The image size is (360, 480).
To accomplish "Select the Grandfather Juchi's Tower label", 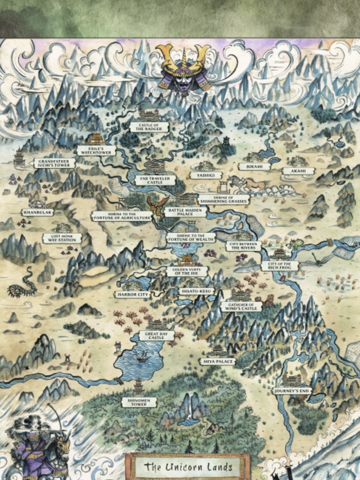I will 54,163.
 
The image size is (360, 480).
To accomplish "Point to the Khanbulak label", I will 37,212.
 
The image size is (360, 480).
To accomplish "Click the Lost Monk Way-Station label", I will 62,238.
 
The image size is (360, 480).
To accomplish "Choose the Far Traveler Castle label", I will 155,180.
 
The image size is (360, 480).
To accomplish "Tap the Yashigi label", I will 206,175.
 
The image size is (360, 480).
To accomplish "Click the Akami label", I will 298,171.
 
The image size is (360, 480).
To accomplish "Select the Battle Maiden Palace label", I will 185,211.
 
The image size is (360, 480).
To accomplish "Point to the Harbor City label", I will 133,294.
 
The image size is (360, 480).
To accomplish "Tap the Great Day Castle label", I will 157,335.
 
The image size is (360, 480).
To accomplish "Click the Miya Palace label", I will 217,361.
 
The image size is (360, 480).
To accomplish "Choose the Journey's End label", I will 292,390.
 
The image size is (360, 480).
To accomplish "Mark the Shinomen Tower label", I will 139,402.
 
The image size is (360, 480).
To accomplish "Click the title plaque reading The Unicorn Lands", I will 187,466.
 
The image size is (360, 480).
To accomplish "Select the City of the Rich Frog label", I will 280,266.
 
